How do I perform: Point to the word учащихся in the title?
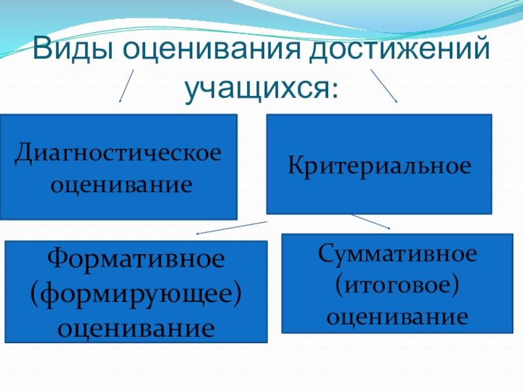(x=258, y=87)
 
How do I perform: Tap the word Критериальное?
(x=379, y=165)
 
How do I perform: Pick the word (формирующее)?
(x=136, y=292)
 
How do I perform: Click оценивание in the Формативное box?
(x=136, y=324)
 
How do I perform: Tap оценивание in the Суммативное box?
(x=397, y=317)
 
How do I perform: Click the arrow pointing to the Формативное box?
(x=232, y=227)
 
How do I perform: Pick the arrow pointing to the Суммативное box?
(x=370, y=221)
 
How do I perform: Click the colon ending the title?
(x=335, y=92)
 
